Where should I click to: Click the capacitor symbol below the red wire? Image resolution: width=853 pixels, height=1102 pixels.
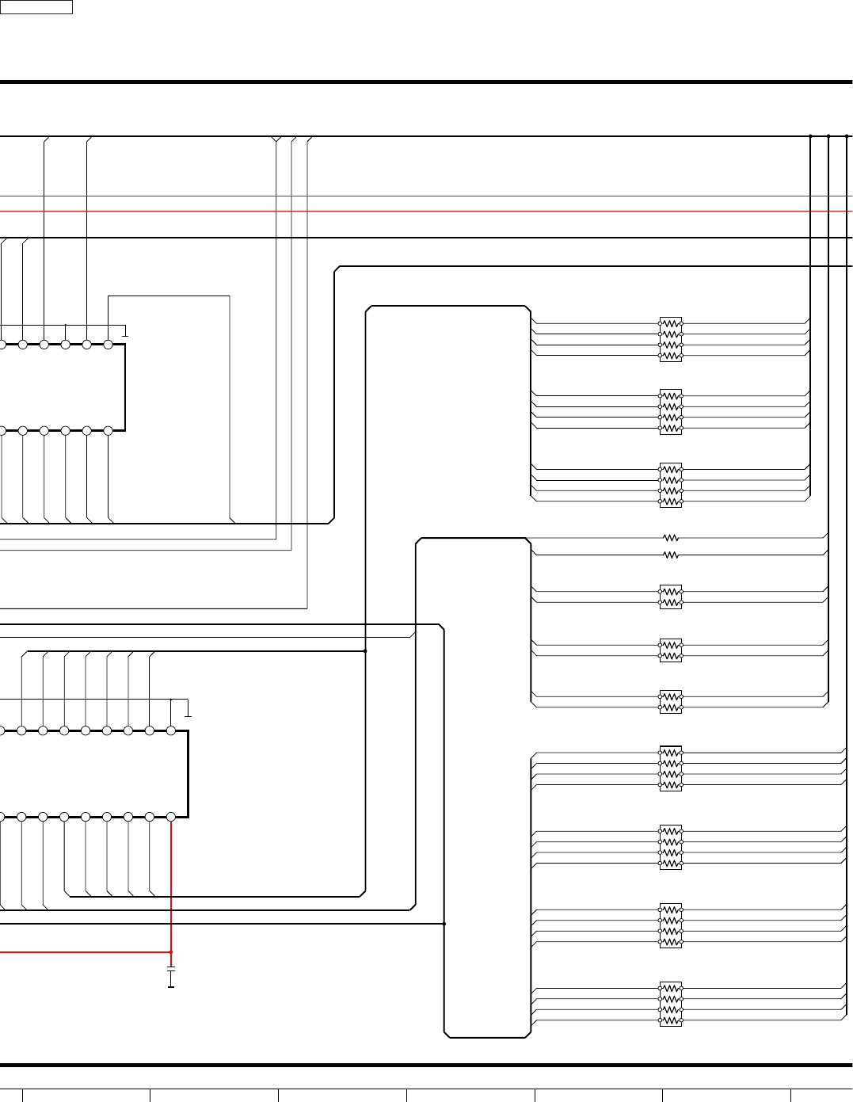[171, 977]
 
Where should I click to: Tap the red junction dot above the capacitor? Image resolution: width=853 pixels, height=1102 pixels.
[171, 951]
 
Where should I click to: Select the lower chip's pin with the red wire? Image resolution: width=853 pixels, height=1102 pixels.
[171, 817]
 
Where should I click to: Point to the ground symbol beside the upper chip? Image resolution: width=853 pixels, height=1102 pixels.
[125, 332]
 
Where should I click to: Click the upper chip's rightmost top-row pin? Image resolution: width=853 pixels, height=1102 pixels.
[109, 345]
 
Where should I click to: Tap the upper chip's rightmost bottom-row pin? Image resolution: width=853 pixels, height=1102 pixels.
[109, 431]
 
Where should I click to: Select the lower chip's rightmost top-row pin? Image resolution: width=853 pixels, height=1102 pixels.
[171, 730]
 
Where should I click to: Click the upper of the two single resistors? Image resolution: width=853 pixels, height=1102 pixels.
[671, 538]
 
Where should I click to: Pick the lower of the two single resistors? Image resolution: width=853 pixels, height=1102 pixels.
[671, 555]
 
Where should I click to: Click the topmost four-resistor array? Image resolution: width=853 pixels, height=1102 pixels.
[671, 340]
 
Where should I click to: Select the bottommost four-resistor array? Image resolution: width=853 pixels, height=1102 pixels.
[671, 1005]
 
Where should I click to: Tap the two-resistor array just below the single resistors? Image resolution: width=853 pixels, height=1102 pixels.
[671, 597]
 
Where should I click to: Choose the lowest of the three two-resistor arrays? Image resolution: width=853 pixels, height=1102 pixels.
[671, 702]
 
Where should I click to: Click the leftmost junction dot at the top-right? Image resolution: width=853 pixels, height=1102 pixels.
[810, 136]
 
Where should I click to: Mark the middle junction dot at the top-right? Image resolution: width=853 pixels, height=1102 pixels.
[828, 136]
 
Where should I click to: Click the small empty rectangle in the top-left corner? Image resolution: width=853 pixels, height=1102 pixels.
[36, 7]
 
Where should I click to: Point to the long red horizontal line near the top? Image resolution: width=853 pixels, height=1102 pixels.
[428, 212]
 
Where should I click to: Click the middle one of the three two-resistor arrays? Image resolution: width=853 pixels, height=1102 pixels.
[671, 650]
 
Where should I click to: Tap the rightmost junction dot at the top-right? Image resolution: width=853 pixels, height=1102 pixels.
[847, 136]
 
